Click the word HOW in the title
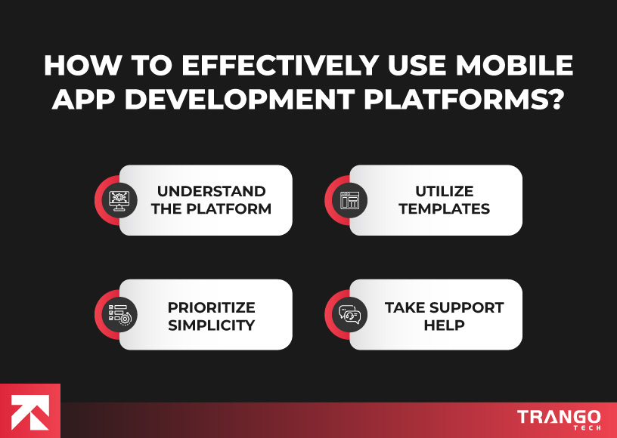[x=78, y=66]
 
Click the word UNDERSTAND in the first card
[x=211, y=191]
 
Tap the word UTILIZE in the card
[x=444, y=191]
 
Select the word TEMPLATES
[x=444, y=209]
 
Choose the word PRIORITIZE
[x=211, y=307]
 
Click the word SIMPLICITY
[x=211, y=325]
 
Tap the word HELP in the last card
[x=444, y=325]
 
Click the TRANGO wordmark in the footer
[x=559, y=416]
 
